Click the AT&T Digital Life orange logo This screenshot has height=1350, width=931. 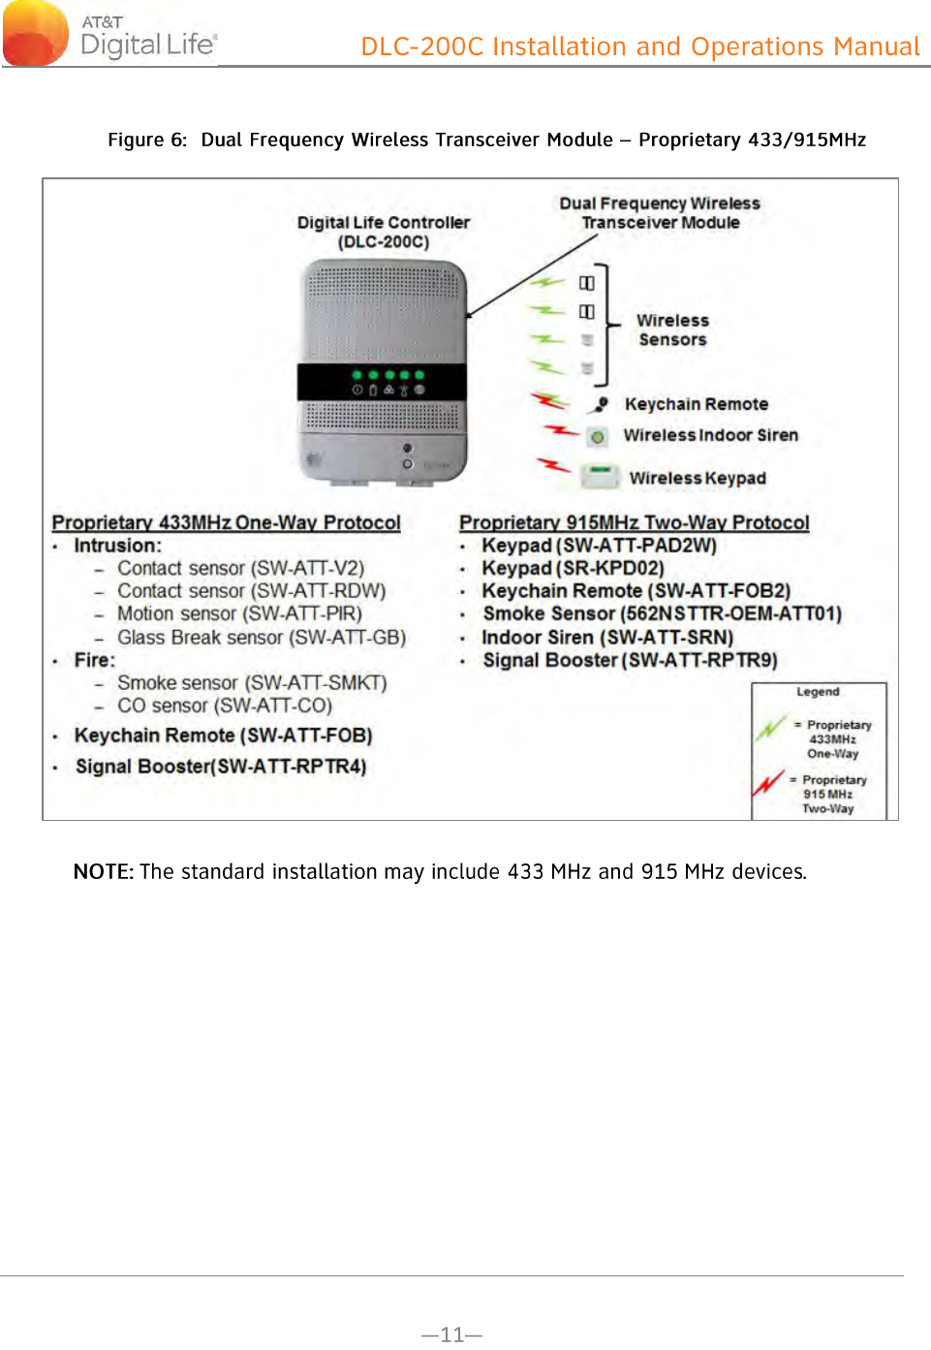(x=37, y=34)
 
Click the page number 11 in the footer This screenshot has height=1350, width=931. (x=451, y=1334)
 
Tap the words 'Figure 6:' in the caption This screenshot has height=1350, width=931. (x=146, y=140)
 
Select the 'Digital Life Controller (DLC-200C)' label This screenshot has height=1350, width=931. (x=384, y=232)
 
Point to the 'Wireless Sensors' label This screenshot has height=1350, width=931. (x=672, y=330)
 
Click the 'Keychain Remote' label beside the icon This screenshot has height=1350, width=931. (x=696, y=404)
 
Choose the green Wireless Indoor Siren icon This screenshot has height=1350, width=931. (x=598, y=437)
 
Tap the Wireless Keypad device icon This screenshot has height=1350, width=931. (x=601, y=476)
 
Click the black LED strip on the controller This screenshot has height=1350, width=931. (x=382, y=382)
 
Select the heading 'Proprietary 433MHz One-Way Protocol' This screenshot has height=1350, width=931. (x=226, y=522)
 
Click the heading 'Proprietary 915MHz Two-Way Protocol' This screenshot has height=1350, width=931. (x=634, y=522)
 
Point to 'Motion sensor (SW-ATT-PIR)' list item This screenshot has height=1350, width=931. (x=239, y=613)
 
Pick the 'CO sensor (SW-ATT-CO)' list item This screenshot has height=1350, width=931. (x=225, y=706)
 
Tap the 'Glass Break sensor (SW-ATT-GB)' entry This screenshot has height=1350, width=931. (x=262, y=638)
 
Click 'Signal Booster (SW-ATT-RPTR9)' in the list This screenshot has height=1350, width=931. (x=630, y=660)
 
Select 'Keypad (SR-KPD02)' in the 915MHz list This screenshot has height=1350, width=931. (x=573, y=568)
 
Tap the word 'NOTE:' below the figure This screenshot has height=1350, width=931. (x=103, y=871)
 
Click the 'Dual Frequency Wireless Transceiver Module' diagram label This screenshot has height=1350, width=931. (x=660, y=212)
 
